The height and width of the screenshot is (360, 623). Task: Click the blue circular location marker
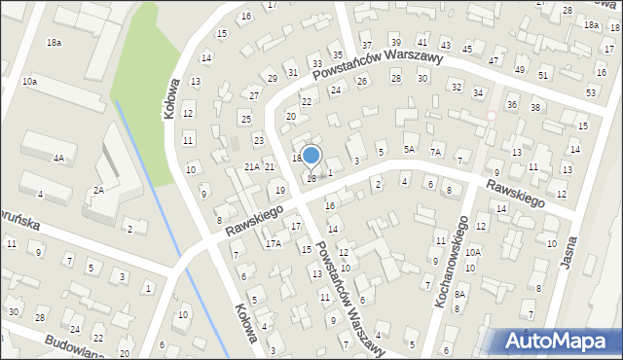coord(311,156)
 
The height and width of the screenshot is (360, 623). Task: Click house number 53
coord(591,92)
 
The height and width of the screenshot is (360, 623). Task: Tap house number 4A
coord(58,158)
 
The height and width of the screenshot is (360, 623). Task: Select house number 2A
coord(98,191)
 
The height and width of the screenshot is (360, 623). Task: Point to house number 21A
coord(251,167)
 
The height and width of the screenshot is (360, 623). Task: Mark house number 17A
coord(274,243)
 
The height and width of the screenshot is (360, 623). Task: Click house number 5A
coord(410,149)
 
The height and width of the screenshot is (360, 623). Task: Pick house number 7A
coord(436,152)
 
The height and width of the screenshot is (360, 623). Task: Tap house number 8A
coord(460,294)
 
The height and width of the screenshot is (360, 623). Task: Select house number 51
coord(543,75)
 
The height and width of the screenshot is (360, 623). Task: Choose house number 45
coord(467,49)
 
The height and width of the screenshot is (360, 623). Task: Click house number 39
coord(395,43)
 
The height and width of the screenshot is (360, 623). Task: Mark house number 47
coord(493,60)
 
